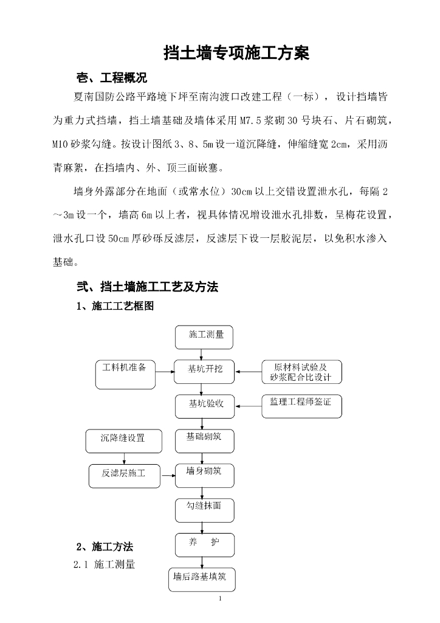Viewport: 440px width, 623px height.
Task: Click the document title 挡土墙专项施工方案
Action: (x=236, y=53)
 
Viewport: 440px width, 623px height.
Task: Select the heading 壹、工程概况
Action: (x=111, y=78)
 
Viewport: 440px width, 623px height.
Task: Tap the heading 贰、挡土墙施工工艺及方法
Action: (x=146, y=287)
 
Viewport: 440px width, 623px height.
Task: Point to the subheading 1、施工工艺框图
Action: (x=115, y=307)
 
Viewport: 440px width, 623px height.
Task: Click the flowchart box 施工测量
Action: (x=204, y=336)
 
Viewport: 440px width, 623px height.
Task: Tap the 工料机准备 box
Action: (x=125, y=374)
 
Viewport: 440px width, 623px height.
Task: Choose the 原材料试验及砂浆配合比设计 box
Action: (x=301, y=372)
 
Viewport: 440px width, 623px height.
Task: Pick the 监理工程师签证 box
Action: (x=301, y=406)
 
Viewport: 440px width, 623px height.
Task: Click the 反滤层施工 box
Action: (x=123, y=473)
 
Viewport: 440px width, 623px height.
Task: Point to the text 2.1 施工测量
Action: (x=104, y=565)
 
